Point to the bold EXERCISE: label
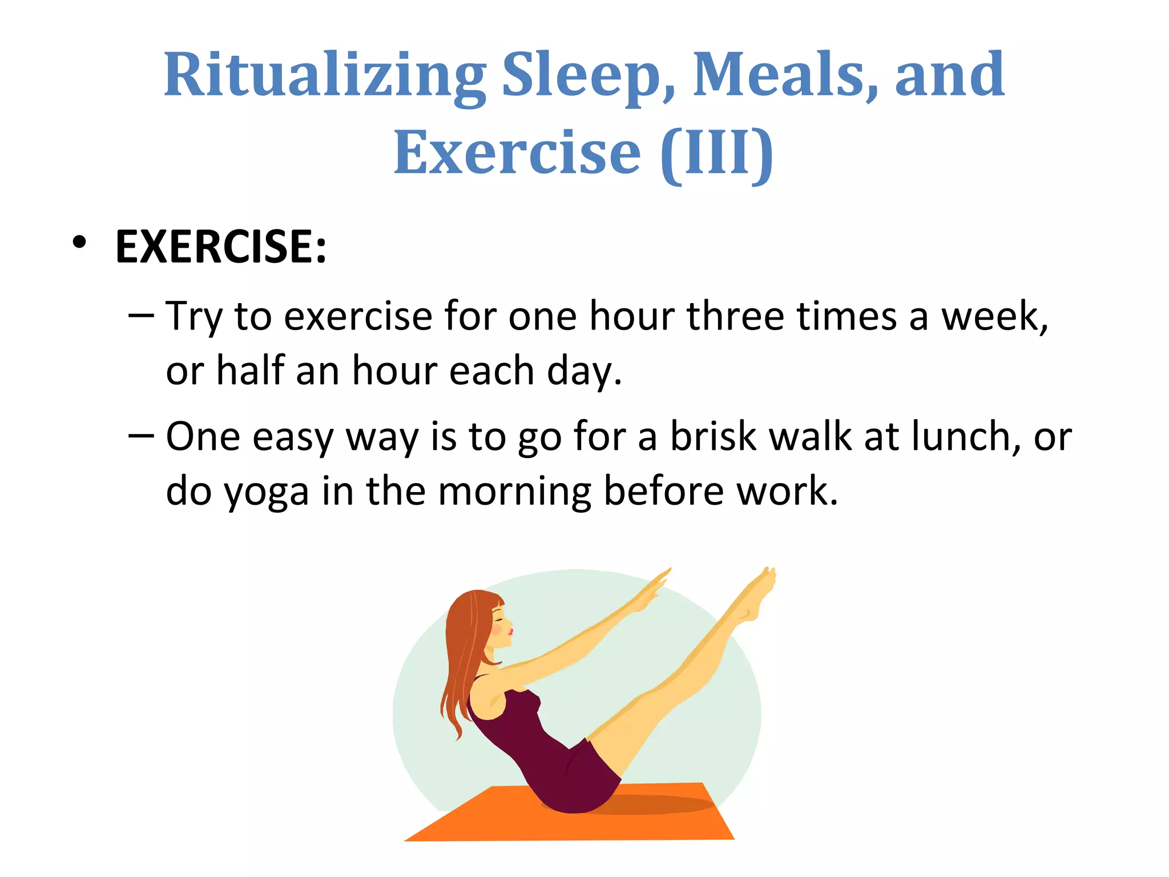tap(221, 247)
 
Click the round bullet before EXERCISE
tap(79, 243)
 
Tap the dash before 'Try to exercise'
tap(141, 315)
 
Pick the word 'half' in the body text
tap(250, 371)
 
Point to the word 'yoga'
tap(266, 492)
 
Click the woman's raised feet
tap(756, 594)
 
